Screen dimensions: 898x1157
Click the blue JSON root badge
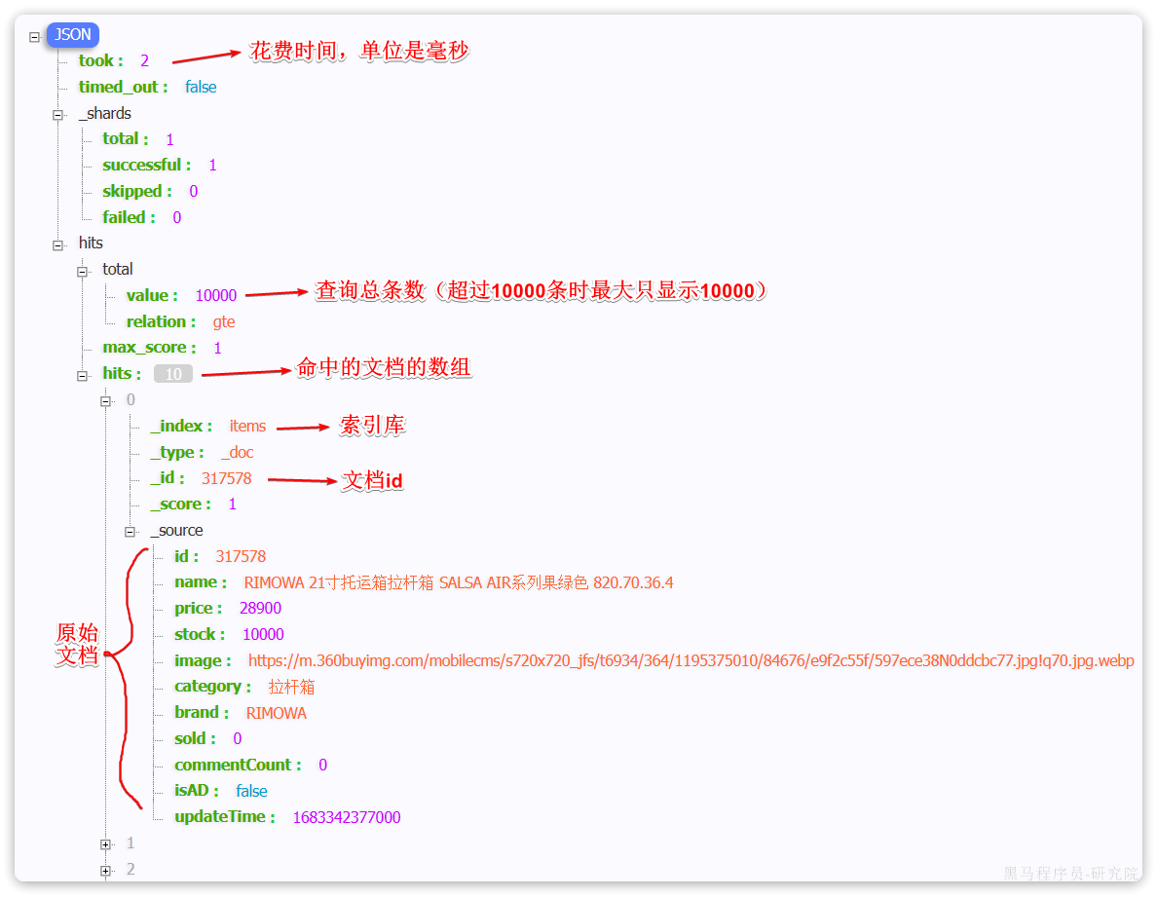73,35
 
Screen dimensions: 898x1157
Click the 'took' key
99,60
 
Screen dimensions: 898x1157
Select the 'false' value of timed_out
201,87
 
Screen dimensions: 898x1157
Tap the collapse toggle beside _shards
57,114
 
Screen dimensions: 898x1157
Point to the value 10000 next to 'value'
216,295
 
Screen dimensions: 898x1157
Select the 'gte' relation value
224,321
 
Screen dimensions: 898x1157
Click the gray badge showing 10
173,374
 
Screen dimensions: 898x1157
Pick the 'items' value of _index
247,426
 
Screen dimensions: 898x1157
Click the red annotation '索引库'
372,425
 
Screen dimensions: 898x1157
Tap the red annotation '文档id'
372,481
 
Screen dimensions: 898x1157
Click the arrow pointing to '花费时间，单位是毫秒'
205,56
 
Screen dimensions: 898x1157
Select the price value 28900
260,608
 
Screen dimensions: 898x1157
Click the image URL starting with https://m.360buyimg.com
690,660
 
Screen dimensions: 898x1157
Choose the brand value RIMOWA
276,713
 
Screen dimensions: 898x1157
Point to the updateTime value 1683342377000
347,817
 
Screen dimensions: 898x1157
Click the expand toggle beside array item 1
105,843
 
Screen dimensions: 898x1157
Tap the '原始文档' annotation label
77,644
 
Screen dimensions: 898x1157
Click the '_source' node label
176,531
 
